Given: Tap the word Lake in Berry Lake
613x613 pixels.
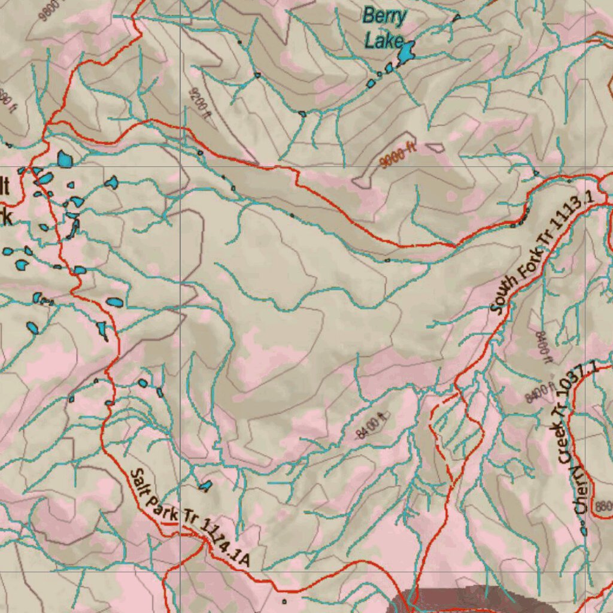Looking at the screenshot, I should coord(384,41).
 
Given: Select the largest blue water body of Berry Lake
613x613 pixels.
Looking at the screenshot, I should coord(406,53).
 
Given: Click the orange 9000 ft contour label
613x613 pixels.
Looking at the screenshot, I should coord(398,156).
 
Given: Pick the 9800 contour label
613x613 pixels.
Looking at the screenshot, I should coord(51,10).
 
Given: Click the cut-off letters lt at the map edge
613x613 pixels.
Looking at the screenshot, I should coord(5,187).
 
